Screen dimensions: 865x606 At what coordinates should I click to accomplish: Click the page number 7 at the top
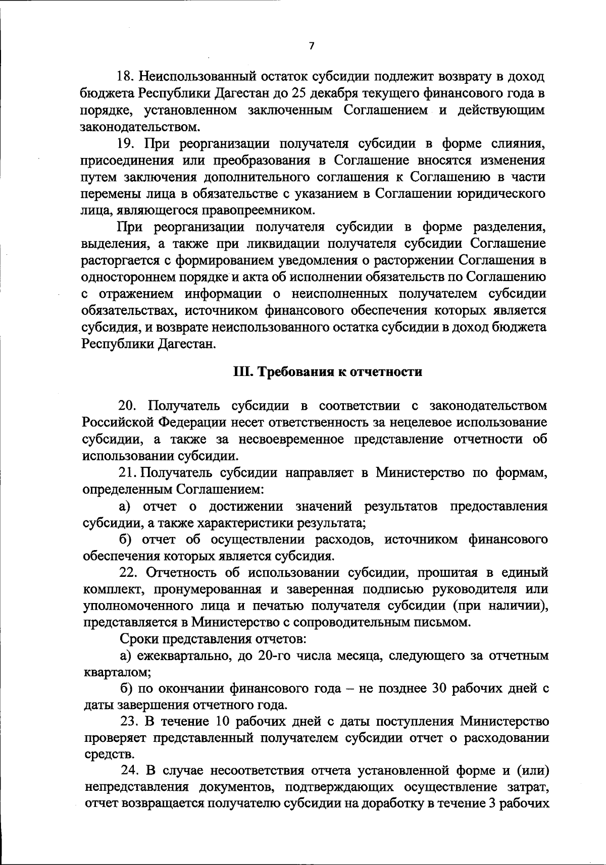[x=311, y=46]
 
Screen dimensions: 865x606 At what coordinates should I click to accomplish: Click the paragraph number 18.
[x=124, y=77]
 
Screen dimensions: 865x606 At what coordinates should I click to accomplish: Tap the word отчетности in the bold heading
[x=392, y=372]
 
